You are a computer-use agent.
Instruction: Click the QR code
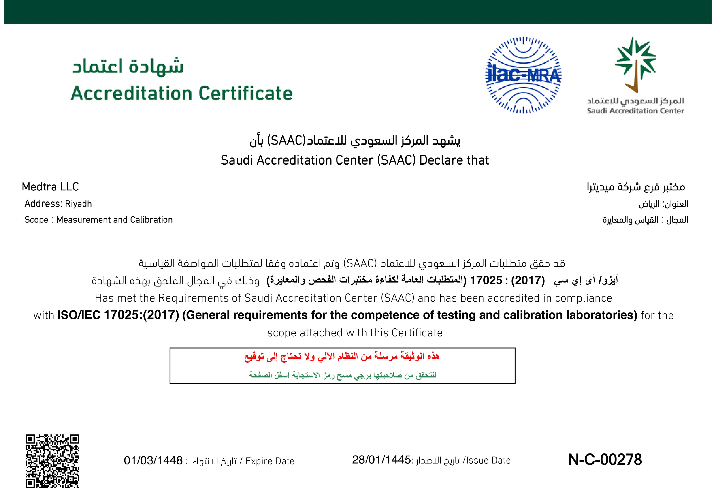tap(52, 461)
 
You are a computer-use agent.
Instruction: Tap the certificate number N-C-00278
tap(605, 460)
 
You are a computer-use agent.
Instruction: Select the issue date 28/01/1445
tap(381, 460)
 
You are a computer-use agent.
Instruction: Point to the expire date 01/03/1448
tap(153, 461)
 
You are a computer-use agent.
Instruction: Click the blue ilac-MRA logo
tap(523, 75)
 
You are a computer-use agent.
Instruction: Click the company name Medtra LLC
tap(50, 187)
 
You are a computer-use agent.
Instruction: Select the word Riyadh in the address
tap(78, 204)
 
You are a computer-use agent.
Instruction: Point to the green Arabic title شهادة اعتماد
tap(128, 66)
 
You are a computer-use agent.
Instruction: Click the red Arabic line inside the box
tap(342, 357)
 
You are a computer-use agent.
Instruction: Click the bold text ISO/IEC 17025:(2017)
tap(118, 315)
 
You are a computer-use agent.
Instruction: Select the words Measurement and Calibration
tap(115, 220)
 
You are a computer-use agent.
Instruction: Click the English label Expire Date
tap(270, 461)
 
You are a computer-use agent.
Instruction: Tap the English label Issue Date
tap(488, 461)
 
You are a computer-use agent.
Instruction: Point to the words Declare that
tap(454, 160)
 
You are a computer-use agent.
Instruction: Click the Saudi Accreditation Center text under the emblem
tap(635, 111)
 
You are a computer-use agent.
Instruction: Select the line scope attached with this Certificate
tap(355, 333)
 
